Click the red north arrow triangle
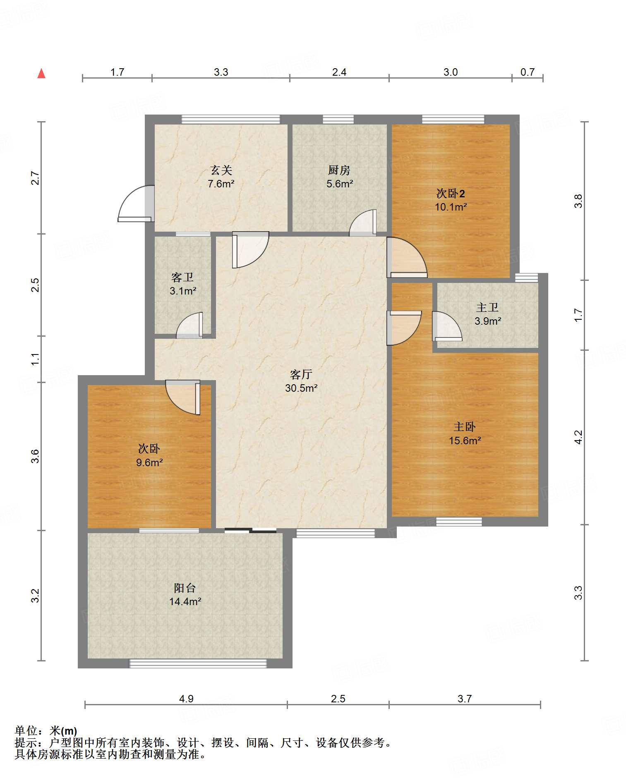coord(41,74)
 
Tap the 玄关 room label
coord(221,170)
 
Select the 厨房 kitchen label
coord(339,170)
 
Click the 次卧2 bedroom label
coord(451,193)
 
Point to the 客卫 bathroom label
coord(182,277)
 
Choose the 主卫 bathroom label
coord(487,307)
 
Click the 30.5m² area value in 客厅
coord(301,388)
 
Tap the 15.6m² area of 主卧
coord(465,441)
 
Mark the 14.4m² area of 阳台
coord(185,601)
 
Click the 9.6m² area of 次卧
coord(149,462)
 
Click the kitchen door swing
coord(363,223)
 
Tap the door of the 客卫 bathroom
coord(189,325)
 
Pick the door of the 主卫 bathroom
coord(447,326)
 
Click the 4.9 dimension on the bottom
coord(186,699)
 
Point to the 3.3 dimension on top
coord(221,72)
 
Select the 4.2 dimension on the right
coord(578,437)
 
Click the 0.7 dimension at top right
coord(528,72)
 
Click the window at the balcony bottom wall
coord(198,663)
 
